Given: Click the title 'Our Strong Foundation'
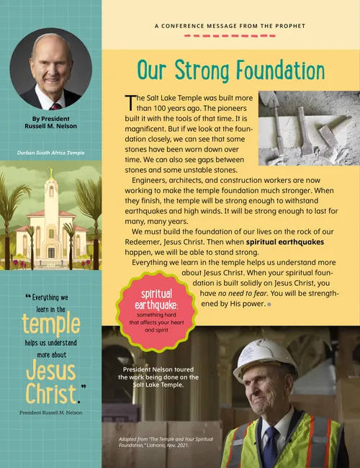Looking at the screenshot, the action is coord(231,71).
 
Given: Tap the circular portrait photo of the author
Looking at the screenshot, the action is coord(50,69).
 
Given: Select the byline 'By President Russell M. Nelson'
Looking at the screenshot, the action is coord(50,122).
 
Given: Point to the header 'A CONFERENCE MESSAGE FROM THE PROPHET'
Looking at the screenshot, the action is coord(230,26).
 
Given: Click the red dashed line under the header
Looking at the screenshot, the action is coord(230,35).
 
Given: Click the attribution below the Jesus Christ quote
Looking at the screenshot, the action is coord(50,413).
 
